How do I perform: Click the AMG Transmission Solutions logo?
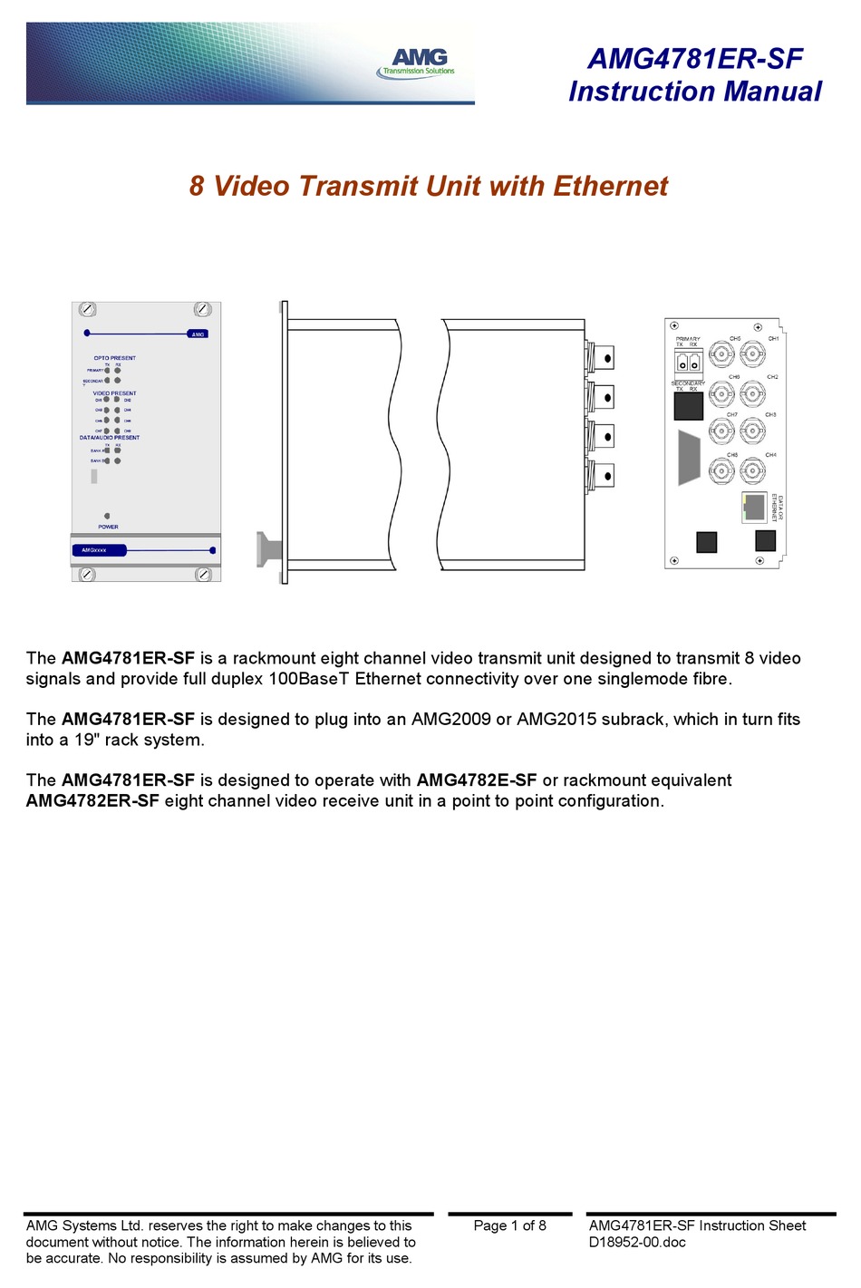coord(417,63)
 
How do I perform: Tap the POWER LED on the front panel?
coord(107,516)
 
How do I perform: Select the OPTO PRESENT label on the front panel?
coord(114,358)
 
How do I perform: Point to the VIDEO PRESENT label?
coord(114,393)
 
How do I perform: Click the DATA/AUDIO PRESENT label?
coord(110,438)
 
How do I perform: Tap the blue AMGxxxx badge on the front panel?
coord(99,550)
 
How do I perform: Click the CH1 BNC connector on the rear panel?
coord(752,353)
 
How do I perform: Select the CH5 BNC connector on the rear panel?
coord(721,353)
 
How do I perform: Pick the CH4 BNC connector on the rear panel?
coord(752,470)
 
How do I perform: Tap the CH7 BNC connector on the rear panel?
coord(721,430)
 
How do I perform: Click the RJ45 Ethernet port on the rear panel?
coord(753,508)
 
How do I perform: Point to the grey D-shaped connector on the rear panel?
coord(689,458)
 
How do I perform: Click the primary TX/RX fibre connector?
coord(688,363)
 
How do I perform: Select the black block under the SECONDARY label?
coord(688,405)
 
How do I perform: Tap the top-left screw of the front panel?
coord(88,310)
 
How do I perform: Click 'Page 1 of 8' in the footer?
coord(509,1225)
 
